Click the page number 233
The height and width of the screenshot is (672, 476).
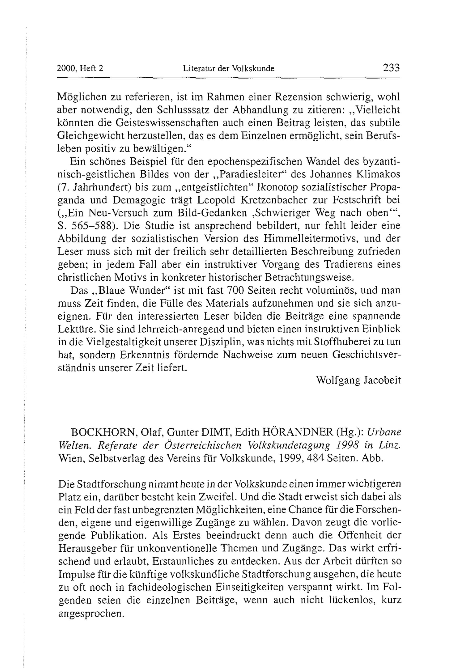click(391, 68)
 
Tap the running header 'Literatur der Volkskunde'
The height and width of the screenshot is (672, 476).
click(229, 69)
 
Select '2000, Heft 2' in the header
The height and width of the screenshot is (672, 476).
click(80, 69)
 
